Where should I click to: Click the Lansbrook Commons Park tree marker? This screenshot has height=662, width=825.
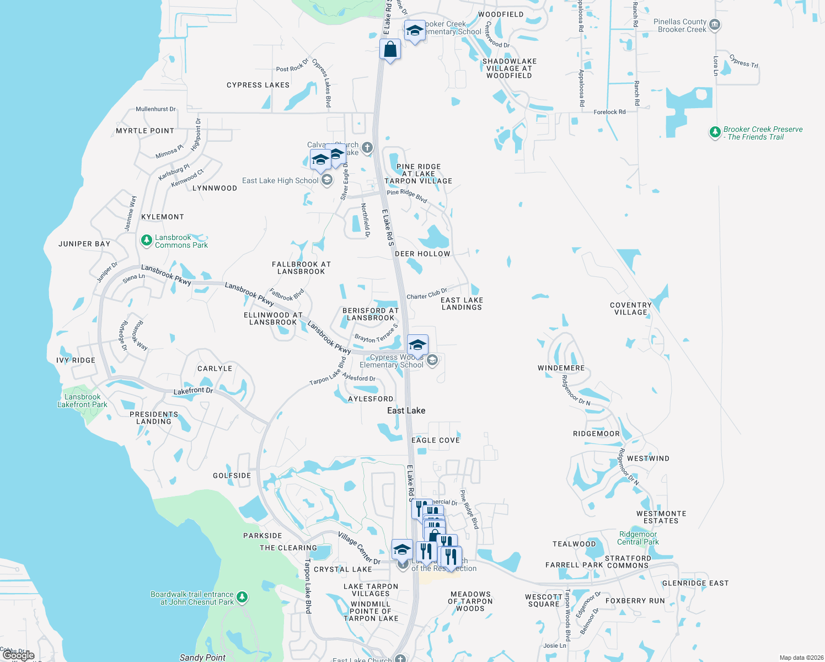(146, 240)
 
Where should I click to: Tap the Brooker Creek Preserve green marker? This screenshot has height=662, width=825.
(715, 132)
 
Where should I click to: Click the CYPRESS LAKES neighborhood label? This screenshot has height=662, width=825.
(258, 85)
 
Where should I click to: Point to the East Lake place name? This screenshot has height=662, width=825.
(406, 410)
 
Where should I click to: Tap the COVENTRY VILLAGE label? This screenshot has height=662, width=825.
(631, 308)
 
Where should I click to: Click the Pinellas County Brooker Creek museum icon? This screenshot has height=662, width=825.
(715, 25)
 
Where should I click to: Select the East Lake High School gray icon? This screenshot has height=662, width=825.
(327, 180)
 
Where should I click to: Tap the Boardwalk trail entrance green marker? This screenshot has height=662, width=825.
(242, 597)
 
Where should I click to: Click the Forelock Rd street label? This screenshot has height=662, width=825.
(609, 112)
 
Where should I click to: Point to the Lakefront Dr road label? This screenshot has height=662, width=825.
(193, 391)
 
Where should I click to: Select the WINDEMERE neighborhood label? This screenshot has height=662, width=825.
(561, 368)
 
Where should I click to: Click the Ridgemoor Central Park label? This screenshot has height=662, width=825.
(638, 538)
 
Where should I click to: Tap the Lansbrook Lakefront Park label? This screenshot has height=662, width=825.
(82, 401)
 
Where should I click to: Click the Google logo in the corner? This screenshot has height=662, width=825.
(18, 655)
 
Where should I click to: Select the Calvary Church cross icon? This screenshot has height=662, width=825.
(367, 147)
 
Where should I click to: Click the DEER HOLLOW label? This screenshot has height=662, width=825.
(422, 254)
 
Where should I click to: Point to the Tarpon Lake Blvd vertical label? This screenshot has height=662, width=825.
(308, 586)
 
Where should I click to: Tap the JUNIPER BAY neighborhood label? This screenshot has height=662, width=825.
(84, 244)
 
